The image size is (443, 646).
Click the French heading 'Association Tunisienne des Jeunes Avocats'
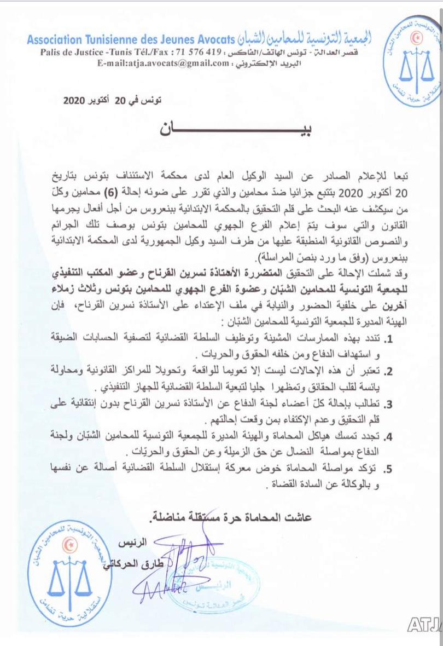point(131,40)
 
